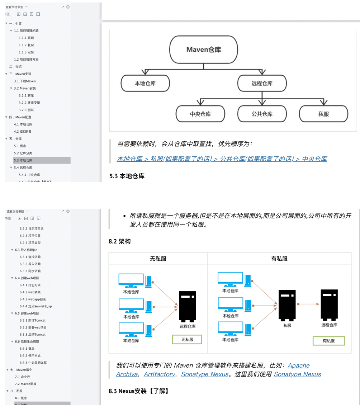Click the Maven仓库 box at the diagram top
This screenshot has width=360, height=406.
203,49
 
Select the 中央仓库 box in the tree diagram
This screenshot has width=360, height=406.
200,114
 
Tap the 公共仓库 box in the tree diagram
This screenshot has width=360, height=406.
262,114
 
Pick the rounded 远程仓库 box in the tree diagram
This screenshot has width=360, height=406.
262,84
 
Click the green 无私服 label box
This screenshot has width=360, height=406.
187,339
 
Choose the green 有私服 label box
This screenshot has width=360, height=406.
329,341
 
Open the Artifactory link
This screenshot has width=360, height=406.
159,374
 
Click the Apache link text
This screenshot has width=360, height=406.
298,365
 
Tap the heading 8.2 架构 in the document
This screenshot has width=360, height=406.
120,242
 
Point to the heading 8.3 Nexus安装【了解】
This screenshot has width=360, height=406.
139,391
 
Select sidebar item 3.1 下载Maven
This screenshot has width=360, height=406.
25,81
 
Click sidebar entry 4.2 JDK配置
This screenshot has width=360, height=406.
23,132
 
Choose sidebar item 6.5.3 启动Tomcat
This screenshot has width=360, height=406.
32,334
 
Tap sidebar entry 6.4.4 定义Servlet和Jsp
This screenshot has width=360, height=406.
35,306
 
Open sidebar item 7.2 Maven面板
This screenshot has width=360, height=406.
25,384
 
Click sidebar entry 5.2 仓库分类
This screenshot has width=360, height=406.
23,153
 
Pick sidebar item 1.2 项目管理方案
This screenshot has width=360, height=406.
26,60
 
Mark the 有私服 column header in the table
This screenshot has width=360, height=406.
279,259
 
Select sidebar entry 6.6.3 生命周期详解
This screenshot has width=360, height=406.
33,363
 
